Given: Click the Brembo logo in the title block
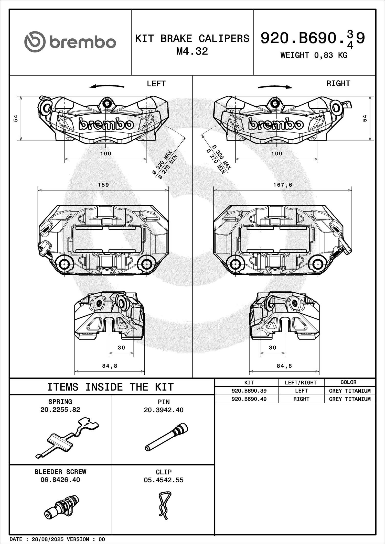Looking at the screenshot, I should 70,42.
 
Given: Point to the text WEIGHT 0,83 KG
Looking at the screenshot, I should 314,55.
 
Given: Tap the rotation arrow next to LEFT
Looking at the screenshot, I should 107,86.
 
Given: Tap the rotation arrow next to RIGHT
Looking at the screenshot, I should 275,87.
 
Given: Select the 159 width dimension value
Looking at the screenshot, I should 103,185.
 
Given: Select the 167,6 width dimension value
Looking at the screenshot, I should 283,185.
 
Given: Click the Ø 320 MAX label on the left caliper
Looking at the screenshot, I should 162,163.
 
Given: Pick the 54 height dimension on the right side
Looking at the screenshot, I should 365,118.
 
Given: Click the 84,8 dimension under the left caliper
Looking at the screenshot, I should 110,366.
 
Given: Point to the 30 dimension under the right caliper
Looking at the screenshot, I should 273,348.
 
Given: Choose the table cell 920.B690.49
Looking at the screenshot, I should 249,399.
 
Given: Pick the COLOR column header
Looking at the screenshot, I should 348,382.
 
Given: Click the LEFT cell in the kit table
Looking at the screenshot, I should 301,391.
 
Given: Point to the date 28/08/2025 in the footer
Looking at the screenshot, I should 48,539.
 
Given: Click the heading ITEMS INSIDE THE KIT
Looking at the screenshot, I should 111,387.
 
